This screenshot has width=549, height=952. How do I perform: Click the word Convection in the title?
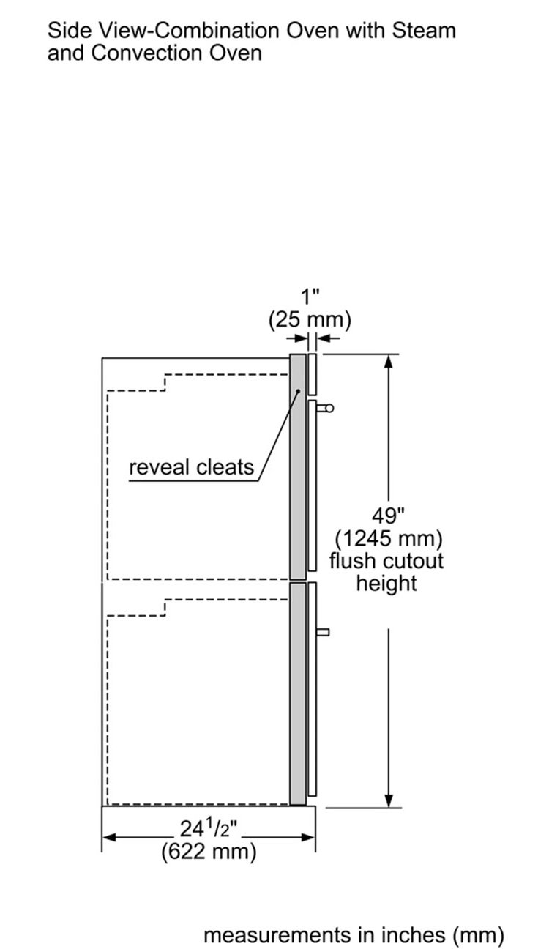tap(144, 53)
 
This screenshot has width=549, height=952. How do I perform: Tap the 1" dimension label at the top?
tap(311, 297)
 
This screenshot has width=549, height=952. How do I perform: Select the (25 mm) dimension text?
tap(310, 319)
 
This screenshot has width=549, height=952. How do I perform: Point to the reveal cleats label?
tap(191, 466)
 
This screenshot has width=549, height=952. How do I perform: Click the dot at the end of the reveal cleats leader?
tap(299, 391)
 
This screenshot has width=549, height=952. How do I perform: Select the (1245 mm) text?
tap(389, 539)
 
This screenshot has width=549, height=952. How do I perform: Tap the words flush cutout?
tap(386, 561)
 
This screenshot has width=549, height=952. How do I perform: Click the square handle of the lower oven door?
tap(323, 631)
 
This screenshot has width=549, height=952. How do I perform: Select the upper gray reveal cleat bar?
tap(297, 469)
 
